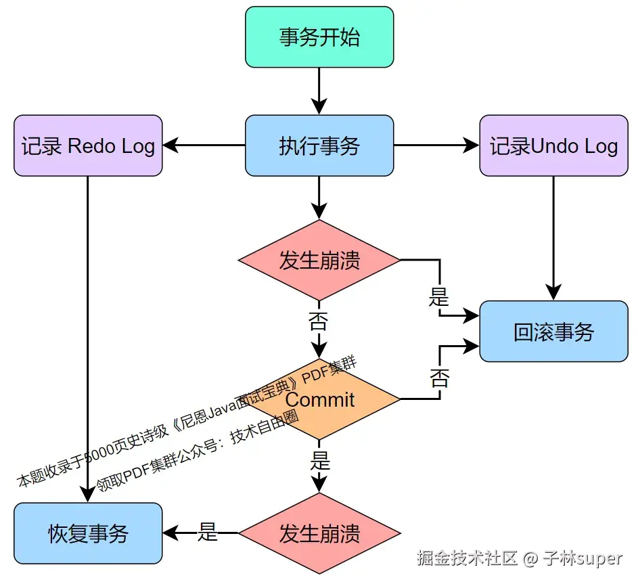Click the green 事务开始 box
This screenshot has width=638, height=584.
(319, 37)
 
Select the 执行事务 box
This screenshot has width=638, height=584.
(319, 145)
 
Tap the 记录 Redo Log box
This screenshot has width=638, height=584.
(88, 145)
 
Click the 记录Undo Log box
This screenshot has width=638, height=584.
(553, 145)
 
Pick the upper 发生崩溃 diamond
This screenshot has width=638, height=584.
(319, 261)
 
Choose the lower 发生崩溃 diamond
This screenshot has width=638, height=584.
(319, 533)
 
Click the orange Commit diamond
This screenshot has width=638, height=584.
(320, 399)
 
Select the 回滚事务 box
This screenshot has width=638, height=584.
(553, 332)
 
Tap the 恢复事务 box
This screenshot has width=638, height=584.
(88, 533)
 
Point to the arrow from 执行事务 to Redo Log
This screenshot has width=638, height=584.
(204, 145)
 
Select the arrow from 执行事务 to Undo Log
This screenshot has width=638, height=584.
(436, 145)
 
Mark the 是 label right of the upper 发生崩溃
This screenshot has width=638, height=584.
(439, 296)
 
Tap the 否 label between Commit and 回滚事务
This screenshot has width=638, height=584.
(439, 378)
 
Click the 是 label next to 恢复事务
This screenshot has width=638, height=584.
(208, 533)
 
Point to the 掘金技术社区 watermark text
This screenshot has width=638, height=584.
(467, 558)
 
